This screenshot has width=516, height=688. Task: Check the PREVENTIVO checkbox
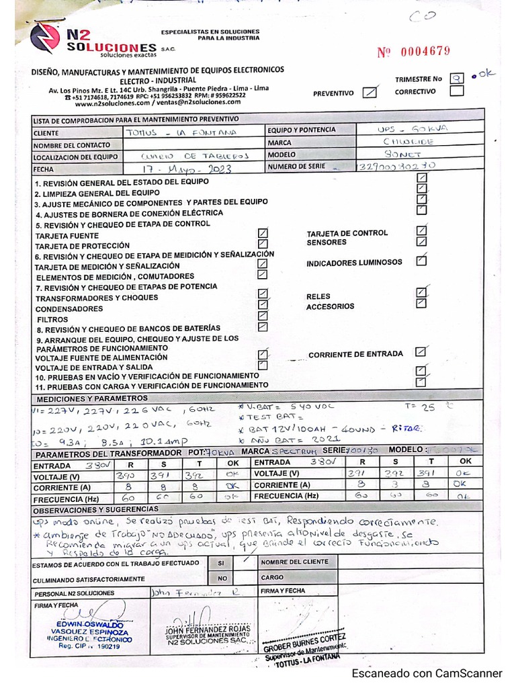pos(368,93)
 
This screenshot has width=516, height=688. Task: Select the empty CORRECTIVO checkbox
pos(456,91)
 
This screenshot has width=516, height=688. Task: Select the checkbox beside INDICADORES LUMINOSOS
pos(421,261)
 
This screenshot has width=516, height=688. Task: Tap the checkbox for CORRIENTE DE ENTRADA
pos(421,351)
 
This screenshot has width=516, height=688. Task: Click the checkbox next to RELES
pos(421,292)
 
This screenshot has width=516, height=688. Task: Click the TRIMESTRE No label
pos(419,79)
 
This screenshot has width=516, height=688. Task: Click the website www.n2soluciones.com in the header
pos(112,104)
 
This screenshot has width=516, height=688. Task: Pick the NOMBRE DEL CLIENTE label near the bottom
pos(290,562)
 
